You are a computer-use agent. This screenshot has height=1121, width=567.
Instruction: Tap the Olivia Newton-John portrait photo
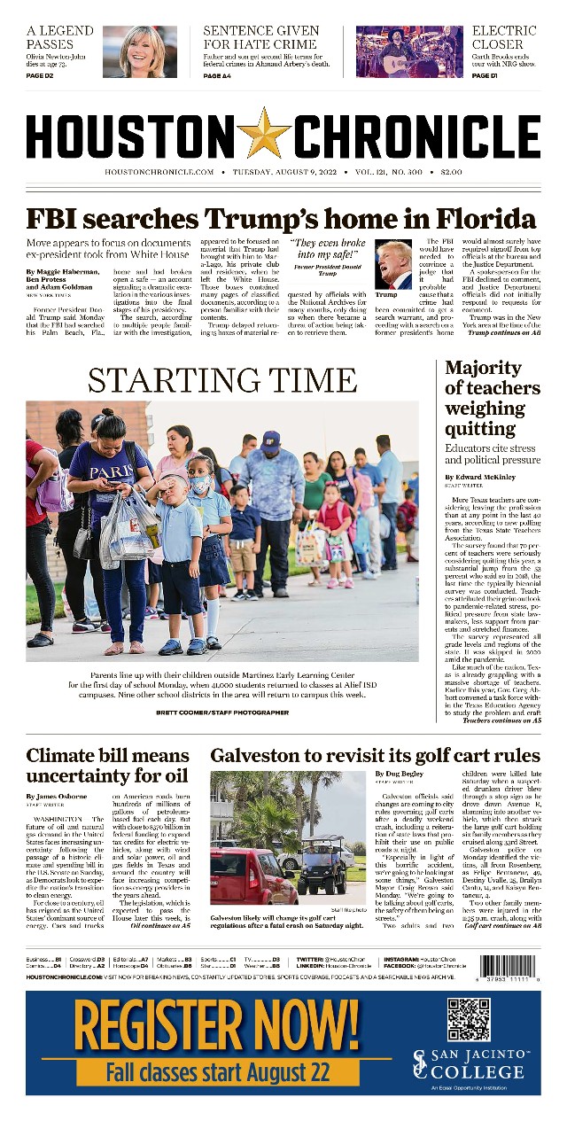[x=139, y=51]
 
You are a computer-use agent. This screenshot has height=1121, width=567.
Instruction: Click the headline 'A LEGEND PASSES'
[x=60, y=37]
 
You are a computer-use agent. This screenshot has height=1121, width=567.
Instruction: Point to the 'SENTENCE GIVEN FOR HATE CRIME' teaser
[x=261, y=37]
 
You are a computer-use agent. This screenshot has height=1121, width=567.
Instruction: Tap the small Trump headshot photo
[x=393, y=264]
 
